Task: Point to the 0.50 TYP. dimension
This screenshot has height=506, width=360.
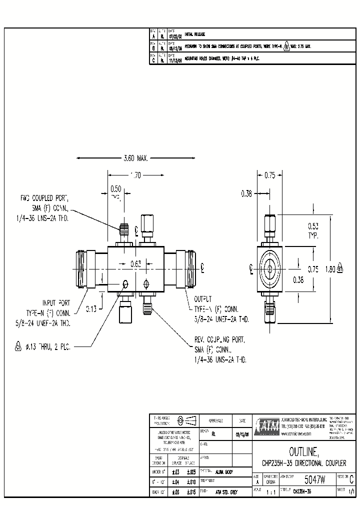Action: pyautogui.click(x=116, y=191)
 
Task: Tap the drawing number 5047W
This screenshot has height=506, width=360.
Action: pyautogui.click(x=314, y=480)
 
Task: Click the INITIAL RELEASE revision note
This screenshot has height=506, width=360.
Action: pyautogui.click(x=195, y=34)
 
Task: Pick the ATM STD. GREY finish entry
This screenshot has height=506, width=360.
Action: pyautogui.click(x=227, y=492)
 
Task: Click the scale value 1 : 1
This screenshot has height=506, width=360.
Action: pyautogui.click(x=270, y=492)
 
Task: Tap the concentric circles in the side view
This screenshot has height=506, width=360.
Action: pyautogui.click(x=270, y=268)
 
